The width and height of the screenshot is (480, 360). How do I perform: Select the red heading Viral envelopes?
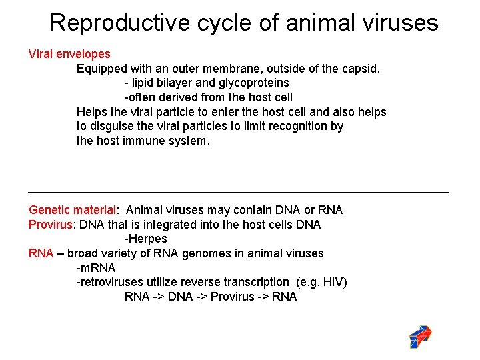click(x=69, y=54)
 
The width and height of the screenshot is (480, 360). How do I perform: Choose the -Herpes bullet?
click(x=146, y=239)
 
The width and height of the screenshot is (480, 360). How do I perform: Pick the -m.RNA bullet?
click(x=96, y=268)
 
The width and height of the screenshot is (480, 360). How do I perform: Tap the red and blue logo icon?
click(x=419, y=337)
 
